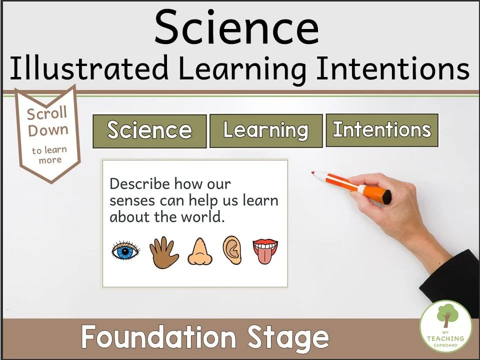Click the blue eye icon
click(x=125, y=251)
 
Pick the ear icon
click(x=232, y=250)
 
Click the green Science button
click(x=149, y=131)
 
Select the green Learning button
click(x=265, y=130)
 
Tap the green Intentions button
click(x=381, y=130)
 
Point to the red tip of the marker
click(x=314, y=173)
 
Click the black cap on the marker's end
click(x=387, y=196)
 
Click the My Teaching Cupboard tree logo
click(x=445, y=319)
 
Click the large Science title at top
click(x=236, y=27)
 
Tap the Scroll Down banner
click(x=48, y=132)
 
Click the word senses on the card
click(x=131, y=201)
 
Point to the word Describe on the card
click(x=139, y=184)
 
